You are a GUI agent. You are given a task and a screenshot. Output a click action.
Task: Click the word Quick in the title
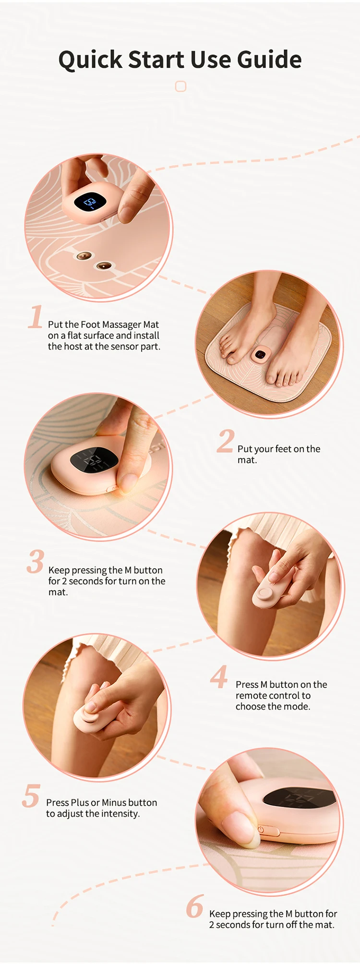click(x=90, y=60)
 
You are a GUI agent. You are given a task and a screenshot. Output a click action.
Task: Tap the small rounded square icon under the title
click(x=180, y=86)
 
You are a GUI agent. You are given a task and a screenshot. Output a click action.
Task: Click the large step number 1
click(x=36, y=317)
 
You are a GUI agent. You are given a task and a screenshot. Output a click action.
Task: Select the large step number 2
click(x=225, y=442)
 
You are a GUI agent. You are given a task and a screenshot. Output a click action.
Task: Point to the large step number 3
click(x=36, y=562)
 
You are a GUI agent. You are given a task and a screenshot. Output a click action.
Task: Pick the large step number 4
click(x=219, y=677)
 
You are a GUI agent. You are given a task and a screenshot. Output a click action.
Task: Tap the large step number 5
click(x=31, y=796)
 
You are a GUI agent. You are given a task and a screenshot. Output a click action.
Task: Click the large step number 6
click(x=195, y=906)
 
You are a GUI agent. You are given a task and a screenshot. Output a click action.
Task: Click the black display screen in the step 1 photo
click(x=90, y=202)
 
